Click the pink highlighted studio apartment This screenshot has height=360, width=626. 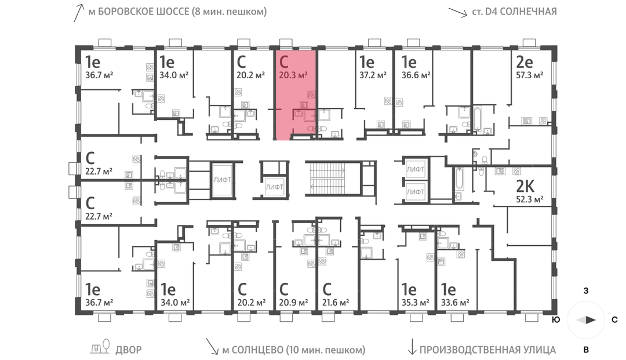coord(296,94)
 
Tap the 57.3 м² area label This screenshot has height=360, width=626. coord(529,75)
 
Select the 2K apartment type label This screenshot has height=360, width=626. coord(525,186)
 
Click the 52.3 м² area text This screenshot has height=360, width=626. coord(529,199)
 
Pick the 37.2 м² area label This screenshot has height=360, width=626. coord(373,75)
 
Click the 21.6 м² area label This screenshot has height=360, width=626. coord(336,303)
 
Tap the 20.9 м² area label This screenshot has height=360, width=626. coord(293,303)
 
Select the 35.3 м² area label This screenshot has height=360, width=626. coord(415,303)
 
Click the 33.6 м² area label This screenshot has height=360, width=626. coord(455,303)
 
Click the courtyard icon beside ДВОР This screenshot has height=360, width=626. coord(100,347)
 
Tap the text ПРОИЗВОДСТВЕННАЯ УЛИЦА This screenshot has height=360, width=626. coord(487,350)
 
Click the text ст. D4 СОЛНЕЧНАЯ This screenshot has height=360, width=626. coord(514,12)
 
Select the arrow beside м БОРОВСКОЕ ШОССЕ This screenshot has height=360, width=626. coord(79,13)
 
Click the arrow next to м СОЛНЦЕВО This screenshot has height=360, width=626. coord(212,347)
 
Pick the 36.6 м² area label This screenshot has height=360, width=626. coord(416,75)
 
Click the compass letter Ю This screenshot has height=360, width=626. coord(555,319)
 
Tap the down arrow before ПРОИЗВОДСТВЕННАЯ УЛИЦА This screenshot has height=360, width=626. coord(412,347)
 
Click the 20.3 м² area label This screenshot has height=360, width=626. coord(293,75)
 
